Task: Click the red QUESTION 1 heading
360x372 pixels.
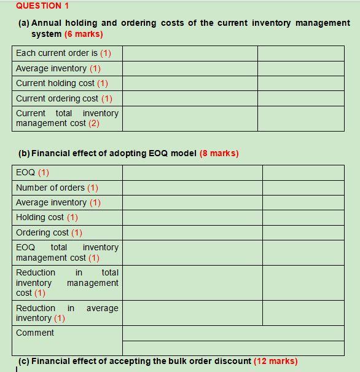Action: coord(42,6)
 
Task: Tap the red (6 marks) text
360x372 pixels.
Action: coord(83,34)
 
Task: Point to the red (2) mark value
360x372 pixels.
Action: coord(93,123)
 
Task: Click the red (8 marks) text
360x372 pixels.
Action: coord(219,153)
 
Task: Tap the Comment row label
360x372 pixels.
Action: coord(35,333)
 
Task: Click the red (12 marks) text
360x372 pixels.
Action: coord(275,361)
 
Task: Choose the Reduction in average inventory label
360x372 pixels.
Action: coord(67,313)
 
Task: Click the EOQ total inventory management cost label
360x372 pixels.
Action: coord(67,252)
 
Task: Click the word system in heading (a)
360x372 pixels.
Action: coord(46,34)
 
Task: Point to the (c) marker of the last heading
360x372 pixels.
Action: coord(23,361)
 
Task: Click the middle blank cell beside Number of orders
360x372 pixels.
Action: coord(192,188)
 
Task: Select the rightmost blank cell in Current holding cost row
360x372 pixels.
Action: coord(300,83)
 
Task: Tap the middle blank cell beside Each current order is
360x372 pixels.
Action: coord(190,53)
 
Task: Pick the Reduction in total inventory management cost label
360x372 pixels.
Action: coord(67,283)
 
